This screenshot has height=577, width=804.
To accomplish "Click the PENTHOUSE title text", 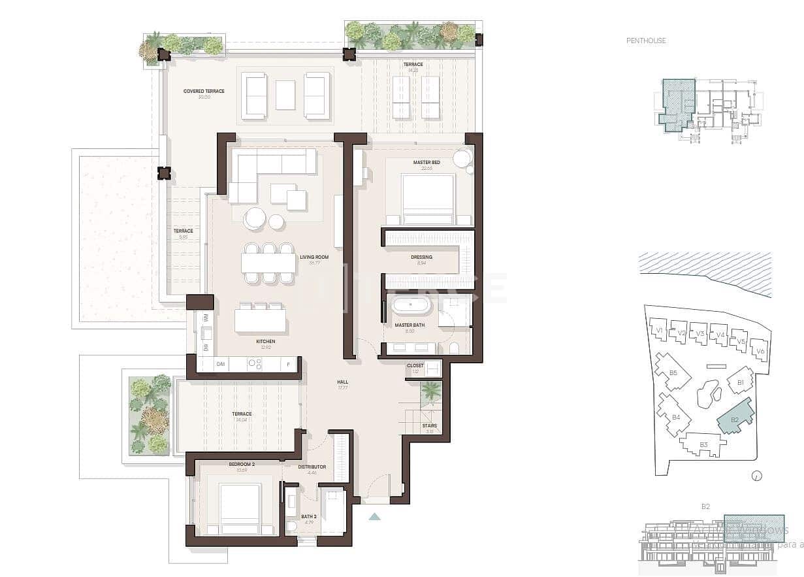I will click(x=646, y=41).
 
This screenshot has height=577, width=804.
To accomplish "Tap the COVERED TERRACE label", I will click(x=204, y=91).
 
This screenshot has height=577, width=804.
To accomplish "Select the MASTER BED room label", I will click(x=426, y=162).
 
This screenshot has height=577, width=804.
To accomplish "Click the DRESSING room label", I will click(x=421, y=257).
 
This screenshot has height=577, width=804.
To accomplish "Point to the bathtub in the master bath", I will click(x=409, y=306).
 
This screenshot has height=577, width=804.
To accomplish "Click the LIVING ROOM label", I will click(x=314, y=257).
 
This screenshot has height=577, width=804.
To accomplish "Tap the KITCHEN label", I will click(x=265, y=341).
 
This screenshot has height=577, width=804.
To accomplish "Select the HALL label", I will click(x=343, y=382).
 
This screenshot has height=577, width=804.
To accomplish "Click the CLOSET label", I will click(x=415, y=366).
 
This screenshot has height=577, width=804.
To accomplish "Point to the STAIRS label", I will click(x=429, y=426).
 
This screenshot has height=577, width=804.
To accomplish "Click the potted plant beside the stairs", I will click(x=430, y=392).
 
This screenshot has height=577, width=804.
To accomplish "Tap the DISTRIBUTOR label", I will click(x=312, y=467).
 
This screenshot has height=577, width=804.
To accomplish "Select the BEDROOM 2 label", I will click(x=241, y=464).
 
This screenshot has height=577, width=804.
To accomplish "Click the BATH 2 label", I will click(x=309, y=516).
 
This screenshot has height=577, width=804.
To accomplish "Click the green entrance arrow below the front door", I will click(x=374, y=516).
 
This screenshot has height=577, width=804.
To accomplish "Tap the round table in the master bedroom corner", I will click(x=462, y=159).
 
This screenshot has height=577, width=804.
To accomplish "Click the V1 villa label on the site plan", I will click(x=660, y=331).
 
